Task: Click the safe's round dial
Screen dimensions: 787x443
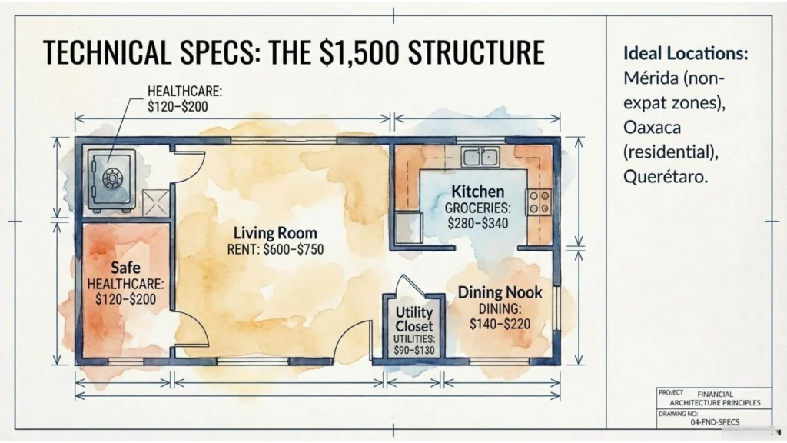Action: click(x=112, y=178)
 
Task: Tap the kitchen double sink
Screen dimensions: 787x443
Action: click(x=480, y=157)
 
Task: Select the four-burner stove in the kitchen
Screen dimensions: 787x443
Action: click(x=539, y=202)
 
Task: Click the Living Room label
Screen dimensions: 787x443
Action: click(x=275, y=233)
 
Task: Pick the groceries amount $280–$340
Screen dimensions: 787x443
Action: click(x=478, y=223)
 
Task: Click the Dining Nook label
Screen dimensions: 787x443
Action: click(x=500, y=292)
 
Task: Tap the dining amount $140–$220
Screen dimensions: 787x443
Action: click(x=500, y=324)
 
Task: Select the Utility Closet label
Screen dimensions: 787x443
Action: click(x=414, y=319)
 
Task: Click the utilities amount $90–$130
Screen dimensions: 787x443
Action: click(x=414, y=350)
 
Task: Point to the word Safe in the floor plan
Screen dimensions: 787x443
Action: click(x=125, y=267)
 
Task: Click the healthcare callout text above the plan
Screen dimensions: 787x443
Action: click(x=184, y=98)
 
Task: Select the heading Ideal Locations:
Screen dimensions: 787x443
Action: click(x=686, y=53)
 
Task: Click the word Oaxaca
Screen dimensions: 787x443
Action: click(x=652, y=128)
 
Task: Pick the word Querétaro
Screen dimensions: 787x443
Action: click(x=666, y=176)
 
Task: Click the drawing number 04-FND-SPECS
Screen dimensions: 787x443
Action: click(x=715, y=422)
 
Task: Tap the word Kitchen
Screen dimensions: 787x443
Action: click(x=478, y=192)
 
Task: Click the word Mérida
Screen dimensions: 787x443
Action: click(x=650, y=78)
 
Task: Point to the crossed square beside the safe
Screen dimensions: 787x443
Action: click(x=155, y=203)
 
